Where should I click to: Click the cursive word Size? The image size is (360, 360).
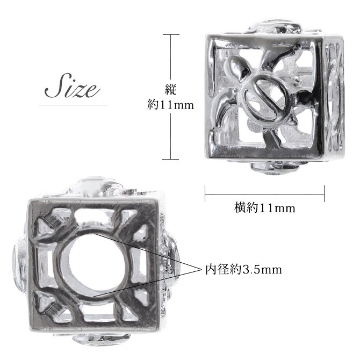(72, 86)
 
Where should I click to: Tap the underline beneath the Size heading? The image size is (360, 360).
(73, 105)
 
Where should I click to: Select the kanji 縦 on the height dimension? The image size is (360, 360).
(170, 89)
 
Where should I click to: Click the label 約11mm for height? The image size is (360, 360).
(170, 105)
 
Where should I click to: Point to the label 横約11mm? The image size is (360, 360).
(264, 208)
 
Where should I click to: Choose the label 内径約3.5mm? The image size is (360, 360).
(243, 269)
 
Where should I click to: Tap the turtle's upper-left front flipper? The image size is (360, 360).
(235, 67)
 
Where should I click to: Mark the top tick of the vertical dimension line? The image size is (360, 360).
(171, 35)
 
